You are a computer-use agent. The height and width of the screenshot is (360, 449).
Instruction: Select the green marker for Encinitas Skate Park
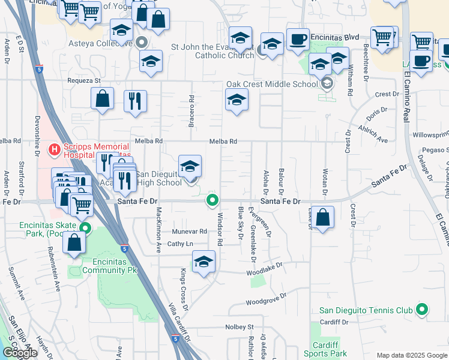pyautogui.click(x=86, y=228)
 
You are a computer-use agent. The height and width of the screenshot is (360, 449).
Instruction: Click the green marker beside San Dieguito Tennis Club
pyautogui.click(x=422, y=310)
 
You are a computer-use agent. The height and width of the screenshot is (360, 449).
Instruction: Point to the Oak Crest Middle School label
pyautogui.click(x=271, y=84)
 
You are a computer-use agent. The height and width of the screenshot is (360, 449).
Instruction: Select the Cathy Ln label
pyautogui.click(x=180, y=244)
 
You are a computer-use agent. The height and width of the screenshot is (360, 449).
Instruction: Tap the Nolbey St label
pyautogui.click(x=240, y=327)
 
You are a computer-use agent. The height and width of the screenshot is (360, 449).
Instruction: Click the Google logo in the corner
pyautogui.click(x=20, y=353)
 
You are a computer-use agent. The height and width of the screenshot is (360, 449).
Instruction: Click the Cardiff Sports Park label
pyautogui.click(x=330, y=349)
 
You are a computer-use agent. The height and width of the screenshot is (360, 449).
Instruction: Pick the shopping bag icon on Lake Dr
pyautogui.click(x=323, y=218)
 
